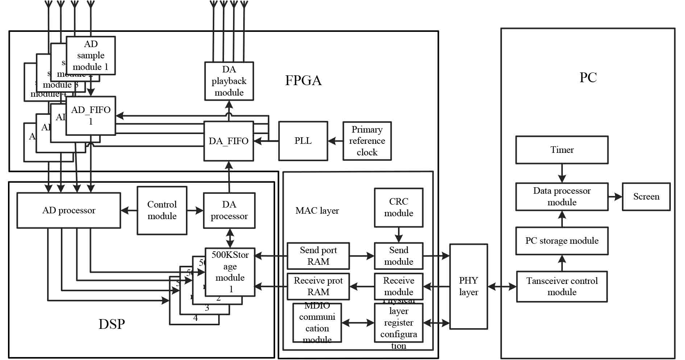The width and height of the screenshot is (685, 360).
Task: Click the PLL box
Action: coord(303,141)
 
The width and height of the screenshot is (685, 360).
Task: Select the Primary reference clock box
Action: coord(367,141)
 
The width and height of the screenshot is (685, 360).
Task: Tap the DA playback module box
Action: coord(229,81)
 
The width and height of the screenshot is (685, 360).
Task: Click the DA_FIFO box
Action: coord(228,141)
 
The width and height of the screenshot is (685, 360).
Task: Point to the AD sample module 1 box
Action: coord(91,55)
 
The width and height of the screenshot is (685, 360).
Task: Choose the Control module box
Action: coord(162,210)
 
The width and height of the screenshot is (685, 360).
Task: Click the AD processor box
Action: coord(68,210)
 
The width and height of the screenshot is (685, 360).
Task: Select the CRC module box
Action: coord(398,208)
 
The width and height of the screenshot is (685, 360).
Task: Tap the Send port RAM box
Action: coord(318,256)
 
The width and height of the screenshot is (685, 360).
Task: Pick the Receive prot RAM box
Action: coord(318,286)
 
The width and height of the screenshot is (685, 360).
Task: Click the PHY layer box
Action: coord(468,286)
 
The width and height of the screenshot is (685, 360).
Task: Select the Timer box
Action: coord(562,150)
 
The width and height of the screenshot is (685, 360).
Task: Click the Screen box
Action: coord(646,197)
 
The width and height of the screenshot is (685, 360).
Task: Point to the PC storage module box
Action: coord(562,241)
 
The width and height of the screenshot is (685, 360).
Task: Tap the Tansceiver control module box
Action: coord(562,286)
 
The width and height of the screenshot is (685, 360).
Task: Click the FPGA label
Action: coord(303,80)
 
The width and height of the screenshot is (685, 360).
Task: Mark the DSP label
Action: coord(112,324)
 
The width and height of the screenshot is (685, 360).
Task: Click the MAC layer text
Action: coord(317,210)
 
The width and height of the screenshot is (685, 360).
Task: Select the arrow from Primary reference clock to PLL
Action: coord(335,141)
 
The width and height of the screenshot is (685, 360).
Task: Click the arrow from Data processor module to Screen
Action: coord(615,197)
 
